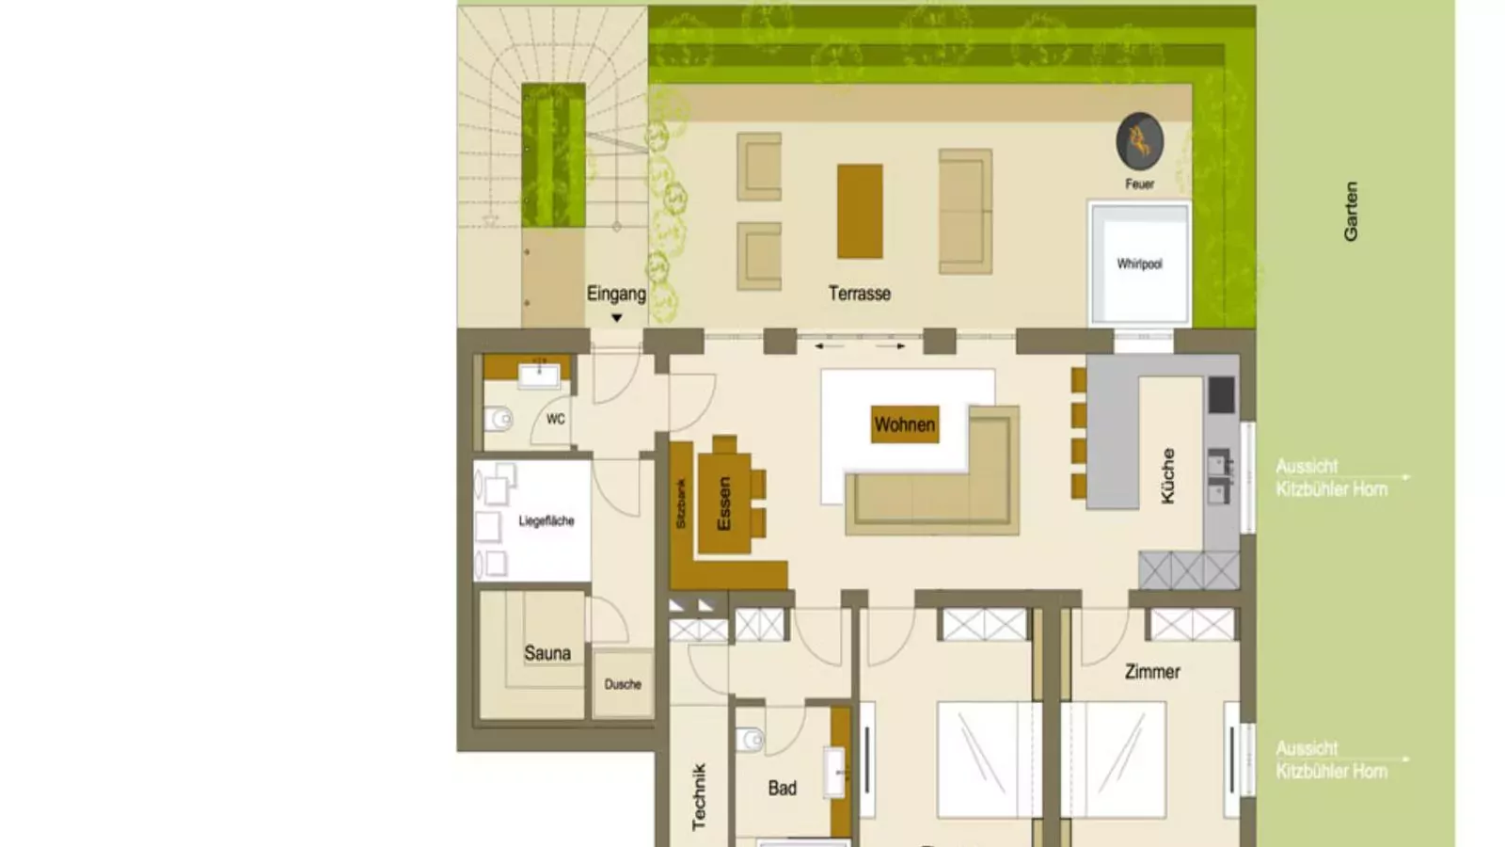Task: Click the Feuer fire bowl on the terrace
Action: (x=1139, y=141)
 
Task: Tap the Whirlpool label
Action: (x=1139, y=264)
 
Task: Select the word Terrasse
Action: (x=860, y=294)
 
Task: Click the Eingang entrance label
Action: (x=616, y=294)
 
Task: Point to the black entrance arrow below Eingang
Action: (x=617, y=318)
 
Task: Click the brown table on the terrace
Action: (x=860, y=211)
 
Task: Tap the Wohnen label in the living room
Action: (x=905, y=424)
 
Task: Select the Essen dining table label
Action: (x=723, y=503)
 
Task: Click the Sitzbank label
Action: (x=681, y=503)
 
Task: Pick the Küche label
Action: (x=1167, y=475)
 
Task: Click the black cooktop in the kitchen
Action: (x=1222, y=394)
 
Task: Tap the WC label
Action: (x=556, y=420)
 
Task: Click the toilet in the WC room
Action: (x=498, y=420)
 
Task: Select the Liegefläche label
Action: (x=547, y=521)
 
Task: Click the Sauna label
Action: (x=547, y=653)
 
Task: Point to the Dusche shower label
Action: (x=623, y=684)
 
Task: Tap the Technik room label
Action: (x=699, y=796)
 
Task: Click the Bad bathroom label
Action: (x=782, y=788)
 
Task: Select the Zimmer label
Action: (x=1152, y=672)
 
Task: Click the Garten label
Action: (x=1351, y=211)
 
